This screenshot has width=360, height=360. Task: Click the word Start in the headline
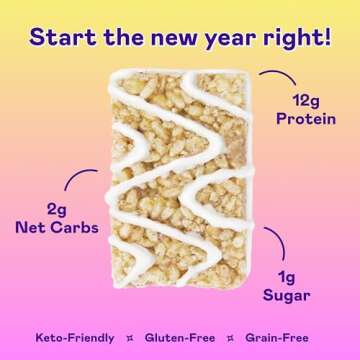(x=61, y=37)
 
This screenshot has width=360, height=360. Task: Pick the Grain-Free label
(x=285, y=336)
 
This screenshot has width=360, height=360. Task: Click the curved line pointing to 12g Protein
(x=276, y=77)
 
